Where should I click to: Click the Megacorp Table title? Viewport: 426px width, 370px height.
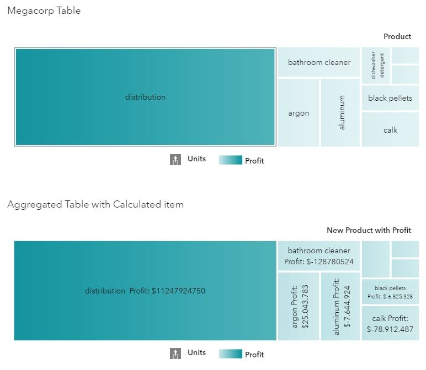(x=44, y=11)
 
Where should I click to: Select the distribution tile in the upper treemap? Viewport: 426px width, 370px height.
(x=145, y=97)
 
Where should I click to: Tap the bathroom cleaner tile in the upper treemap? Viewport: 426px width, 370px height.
(x=319, y=62)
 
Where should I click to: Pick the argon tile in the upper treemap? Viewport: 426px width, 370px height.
(x=299, y=113)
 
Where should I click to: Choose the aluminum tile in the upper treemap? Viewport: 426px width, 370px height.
(x=340, y=113)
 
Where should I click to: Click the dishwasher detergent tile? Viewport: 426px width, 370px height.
(x=376, y=66)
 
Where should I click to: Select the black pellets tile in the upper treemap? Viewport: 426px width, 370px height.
(x=390, y=98)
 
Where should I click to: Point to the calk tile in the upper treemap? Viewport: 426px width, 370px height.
(x=390, y=130)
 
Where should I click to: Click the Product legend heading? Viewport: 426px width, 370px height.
(x=397, y=36)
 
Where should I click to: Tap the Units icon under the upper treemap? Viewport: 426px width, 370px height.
(x=175, y=160)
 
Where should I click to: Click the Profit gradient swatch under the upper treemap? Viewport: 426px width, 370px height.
(x=230, y=160)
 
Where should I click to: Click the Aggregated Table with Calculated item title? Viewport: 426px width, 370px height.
(x=95, y=205)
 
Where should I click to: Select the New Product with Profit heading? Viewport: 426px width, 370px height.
(x=369, y=230)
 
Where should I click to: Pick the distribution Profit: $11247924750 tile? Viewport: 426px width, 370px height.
(x=145, y=291)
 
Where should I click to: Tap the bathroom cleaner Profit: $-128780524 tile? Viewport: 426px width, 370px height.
(x=319, y=256)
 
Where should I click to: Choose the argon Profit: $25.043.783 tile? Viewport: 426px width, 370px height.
(x=299, y=307)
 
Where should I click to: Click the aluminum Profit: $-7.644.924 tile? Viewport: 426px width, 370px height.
(x=340, y=307)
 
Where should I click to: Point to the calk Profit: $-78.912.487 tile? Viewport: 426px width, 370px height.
(x=390, y=324)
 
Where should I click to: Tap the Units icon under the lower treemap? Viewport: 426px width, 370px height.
(x=175, y=353)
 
